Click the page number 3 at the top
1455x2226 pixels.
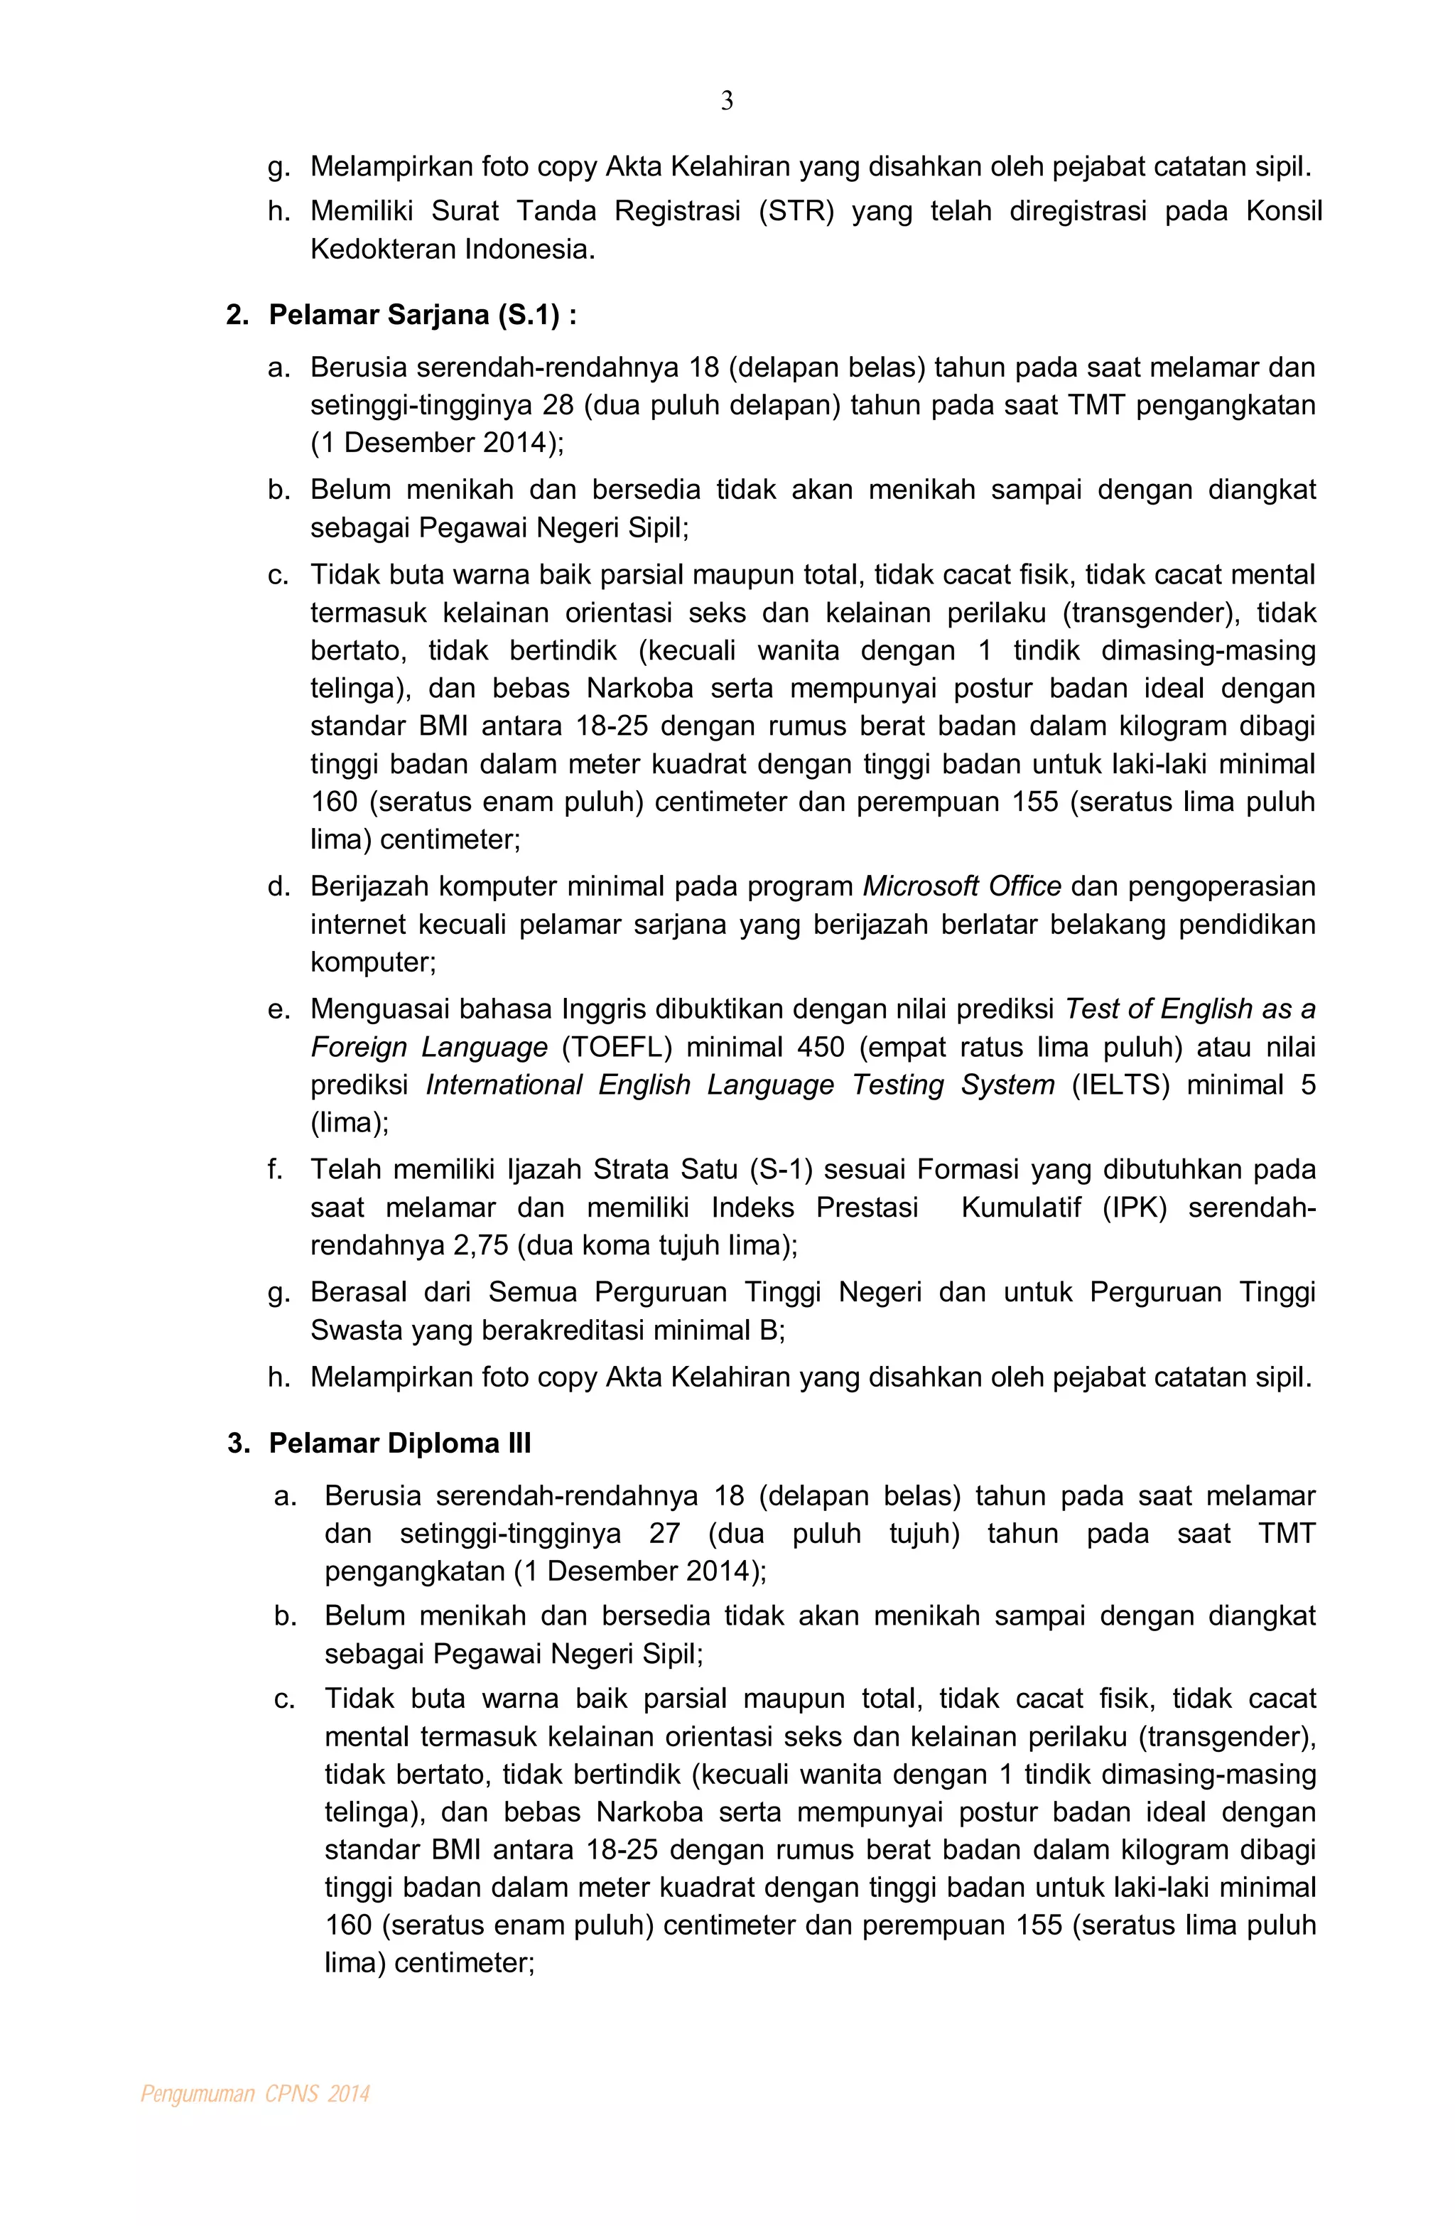coord(727,101)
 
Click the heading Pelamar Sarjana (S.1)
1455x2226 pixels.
coord(422,315)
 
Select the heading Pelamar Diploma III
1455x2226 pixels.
coord(399,1443)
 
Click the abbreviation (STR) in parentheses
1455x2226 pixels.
coord(795,211)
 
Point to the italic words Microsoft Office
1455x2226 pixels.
coord(961,887)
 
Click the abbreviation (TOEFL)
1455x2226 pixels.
coord(616,1047)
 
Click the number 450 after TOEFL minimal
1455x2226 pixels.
coord(821,1047)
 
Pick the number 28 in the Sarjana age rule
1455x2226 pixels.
coord(557,405)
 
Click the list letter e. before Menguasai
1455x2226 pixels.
coord(278,1009)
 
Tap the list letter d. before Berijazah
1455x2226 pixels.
coord(278,887)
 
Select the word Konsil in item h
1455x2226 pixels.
coord(1283,211)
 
